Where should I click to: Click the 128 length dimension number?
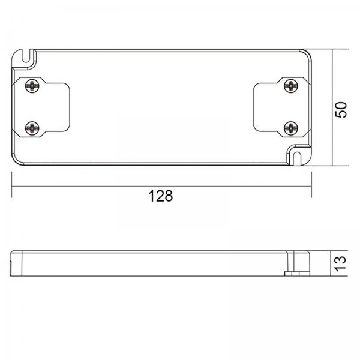click(x=160, y=196)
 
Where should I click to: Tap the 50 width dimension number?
click(x=341, y=110)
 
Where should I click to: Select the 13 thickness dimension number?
click(x=340, y=263)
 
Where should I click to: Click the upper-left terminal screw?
click(x=32, y=86)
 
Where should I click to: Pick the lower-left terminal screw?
click(x=32, y=128)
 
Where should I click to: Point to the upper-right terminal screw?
click(x=291, y=86)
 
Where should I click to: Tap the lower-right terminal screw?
click(x=291, y=128)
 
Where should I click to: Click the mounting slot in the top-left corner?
click(x=26, y=56)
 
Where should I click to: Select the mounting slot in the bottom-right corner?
click(x=297, y=158)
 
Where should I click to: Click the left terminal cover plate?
click(x=41, y=107)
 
